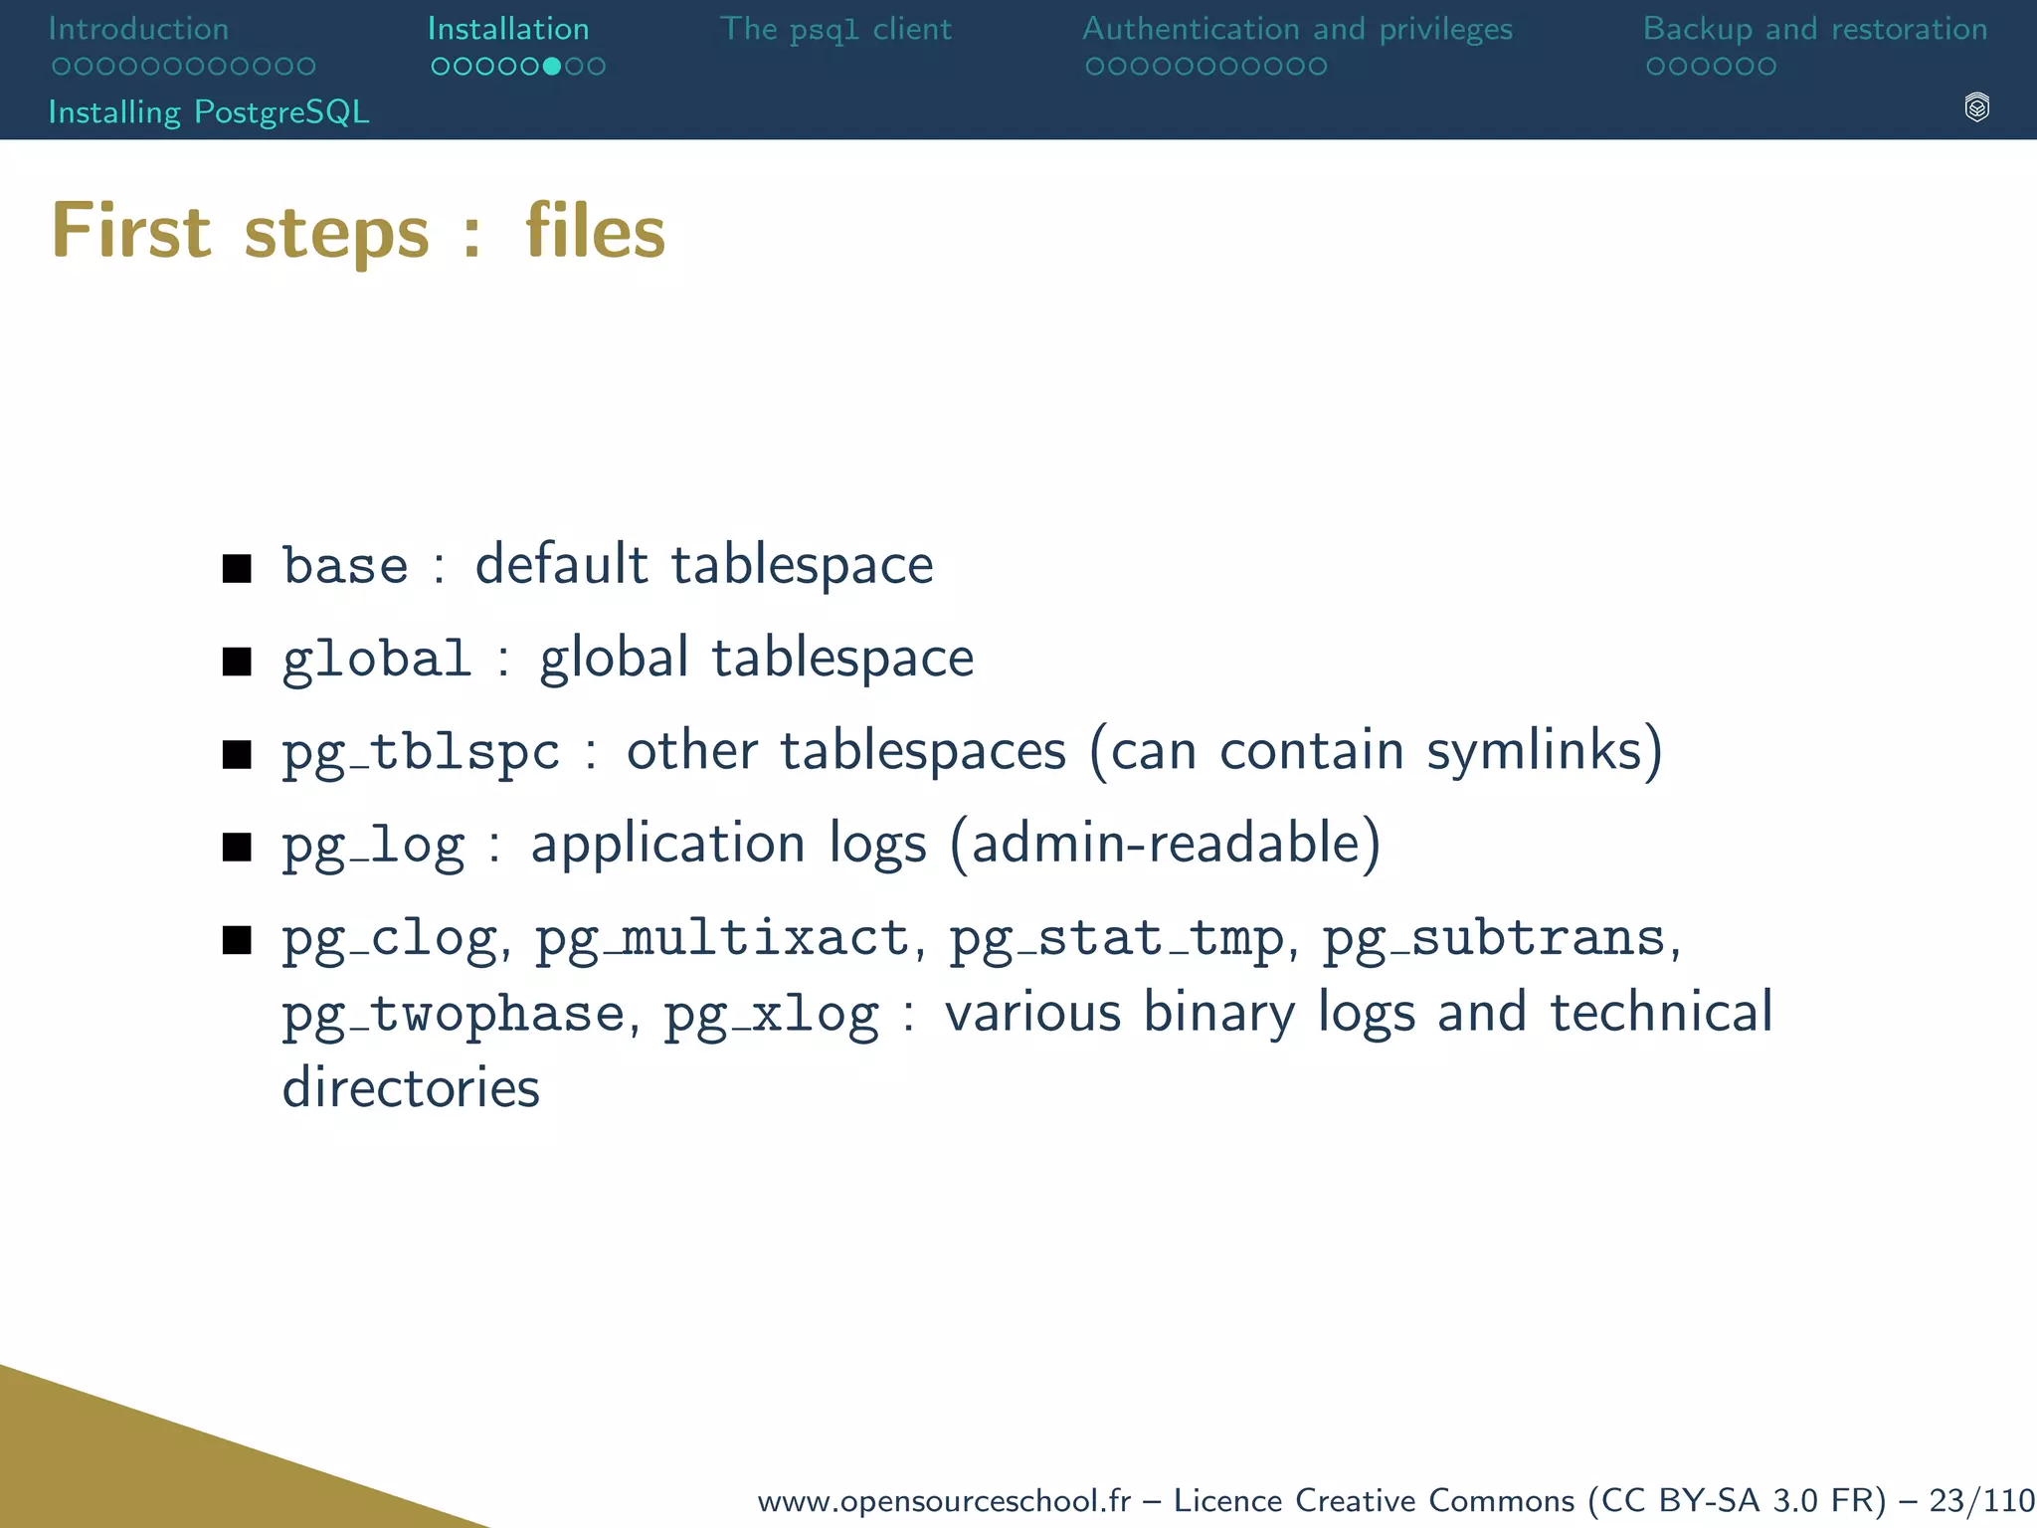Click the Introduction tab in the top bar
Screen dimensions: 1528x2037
(x=138, y=29)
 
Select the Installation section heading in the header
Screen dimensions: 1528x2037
(x=508, y=29)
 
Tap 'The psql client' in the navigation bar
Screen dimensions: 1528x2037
(x=835, y=29)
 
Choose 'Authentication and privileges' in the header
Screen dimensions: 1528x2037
(x=1297, y=29)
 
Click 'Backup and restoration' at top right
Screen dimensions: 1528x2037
(x=1815, y=29)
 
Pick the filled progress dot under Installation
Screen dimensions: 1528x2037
(x=552, y=67)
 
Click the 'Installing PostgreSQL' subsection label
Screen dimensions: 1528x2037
(x=209, y=111)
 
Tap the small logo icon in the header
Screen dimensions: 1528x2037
(x=1976, y=107)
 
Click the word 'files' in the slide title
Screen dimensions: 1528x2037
(x=595, y=232)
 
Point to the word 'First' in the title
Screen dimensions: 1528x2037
(x=131, y=232)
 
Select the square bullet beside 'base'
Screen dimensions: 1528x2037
(x=237, y=568)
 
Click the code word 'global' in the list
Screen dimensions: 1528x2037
(x=376, y=659)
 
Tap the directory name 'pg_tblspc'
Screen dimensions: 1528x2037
(x=421, y=753)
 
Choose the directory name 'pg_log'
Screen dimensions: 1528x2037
(x=373, y=847)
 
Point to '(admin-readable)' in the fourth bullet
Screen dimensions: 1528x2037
(x=1166, y=845)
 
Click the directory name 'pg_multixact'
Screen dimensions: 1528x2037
(x=722, y=939)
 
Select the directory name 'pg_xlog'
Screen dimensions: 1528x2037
(x=771, y=1016)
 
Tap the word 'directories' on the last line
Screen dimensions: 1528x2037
(x=411, y=1087)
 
